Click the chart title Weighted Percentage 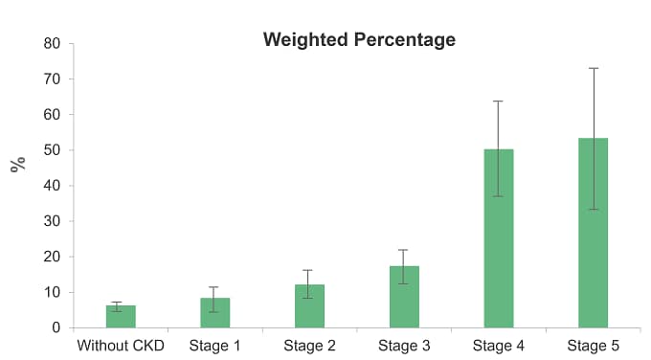tap(359, 40)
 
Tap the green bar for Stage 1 tap(214, 313)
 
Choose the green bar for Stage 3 tap(404, 297)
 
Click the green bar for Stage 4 tap(499, 238)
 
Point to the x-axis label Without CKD tap(121, 345)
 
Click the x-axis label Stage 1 tap(214, 345)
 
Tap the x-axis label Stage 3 tap(404, 345)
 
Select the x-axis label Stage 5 tap(594, 345)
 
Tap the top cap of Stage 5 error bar tap(594, 68)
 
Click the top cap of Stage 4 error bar tap(499, 101)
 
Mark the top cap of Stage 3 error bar tap(404, 250)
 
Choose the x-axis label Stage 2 tap(309, 345)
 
